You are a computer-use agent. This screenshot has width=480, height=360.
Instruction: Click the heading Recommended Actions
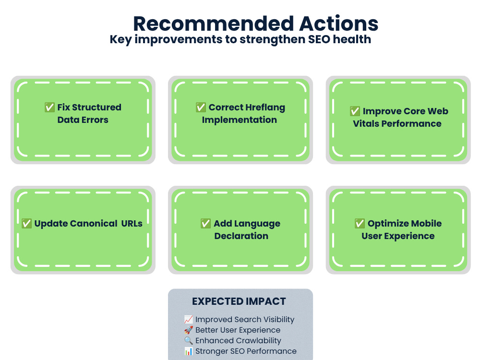coord(256,24)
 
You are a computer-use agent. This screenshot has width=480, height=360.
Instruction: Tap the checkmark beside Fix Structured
coord(49,107)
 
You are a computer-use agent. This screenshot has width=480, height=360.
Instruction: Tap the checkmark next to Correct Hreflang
coord(201,107)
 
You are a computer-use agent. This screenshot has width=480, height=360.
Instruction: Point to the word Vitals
coord(366,124)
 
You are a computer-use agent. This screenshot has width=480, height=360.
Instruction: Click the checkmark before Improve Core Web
coord(355,111)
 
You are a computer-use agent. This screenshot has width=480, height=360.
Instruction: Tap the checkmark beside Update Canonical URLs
coord(26,224)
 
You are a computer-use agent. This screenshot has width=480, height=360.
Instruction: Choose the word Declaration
coord(241,236)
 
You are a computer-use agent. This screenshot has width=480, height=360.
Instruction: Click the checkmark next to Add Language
coord(206,224)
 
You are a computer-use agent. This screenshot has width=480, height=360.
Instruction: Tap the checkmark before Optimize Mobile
coord(360,224)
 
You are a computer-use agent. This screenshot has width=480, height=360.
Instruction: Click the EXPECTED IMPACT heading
coord(239,301)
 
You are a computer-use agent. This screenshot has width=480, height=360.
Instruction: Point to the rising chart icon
coord(189,319)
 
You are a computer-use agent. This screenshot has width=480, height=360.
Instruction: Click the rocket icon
coord(189,330)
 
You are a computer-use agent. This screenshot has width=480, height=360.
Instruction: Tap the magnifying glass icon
coord(189,340)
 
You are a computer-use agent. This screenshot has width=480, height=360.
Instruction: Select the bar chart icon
coord(189,351)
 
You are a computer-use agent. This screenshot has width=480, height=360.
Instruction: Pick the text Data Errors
coord(83,120)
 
